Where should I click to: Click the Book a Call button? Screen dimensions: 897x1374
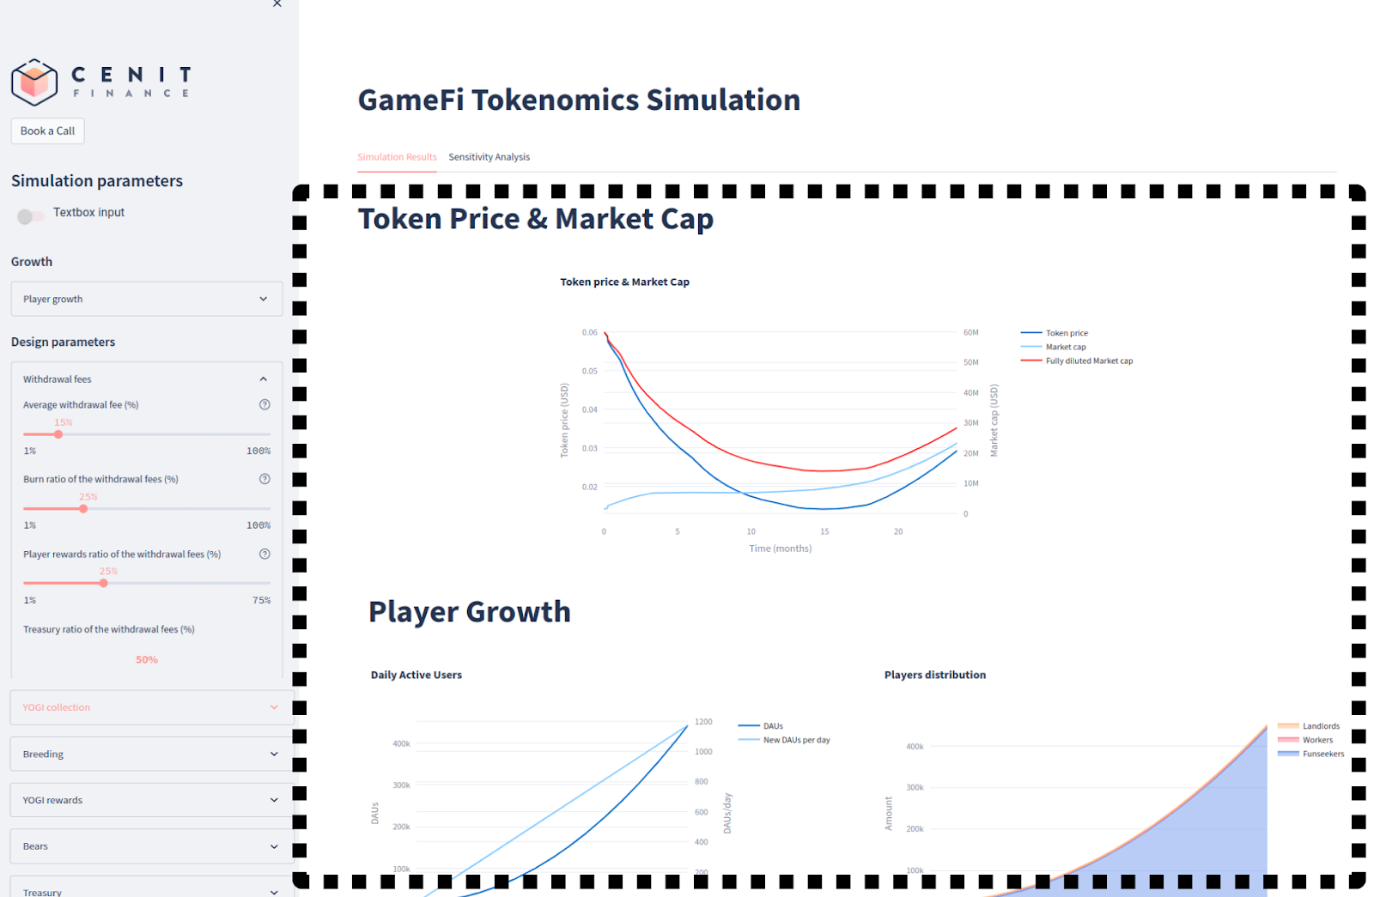coord(47,130)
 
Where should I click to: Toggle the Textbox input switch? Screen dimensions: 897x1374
coord(31,216)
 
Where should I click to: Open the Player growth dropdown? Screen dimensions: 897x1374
coord(146,299)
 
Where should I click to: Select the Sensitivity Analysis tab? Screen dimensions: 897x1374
coord(489,157)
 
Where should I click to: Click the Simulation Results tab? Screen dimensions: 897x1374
coord(397,157)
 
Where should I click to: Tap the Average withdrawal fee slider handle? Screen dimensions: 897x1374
coord(58,434)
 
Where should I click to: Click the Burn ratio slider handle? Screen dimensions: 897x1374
coord(83,509)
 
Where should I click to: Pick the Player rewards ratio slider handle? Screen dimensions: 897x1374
coord(104,584)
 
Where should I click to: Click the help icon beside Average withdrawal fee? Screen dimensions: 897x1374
coord(264,405)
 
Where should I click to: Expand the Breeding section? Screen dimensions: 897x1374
coord(151,754)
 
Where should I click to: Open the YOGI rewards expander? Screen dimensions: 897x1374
coord(151,800)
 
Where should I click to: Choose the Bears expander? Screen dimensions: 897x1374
coord(151,846)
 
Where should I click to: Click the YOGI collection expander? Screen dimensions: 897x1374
coord(151,707)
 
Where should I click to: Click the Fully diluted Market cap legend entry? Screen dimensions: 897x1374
coord(1088,361)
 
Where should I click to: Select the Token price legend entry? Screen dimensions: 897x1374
coord(1066,333)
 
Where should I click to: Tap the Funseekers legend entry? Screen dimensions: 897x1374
coord(1322,754)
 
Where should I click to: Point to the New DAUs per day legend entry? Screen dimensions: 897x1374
coord(796,740)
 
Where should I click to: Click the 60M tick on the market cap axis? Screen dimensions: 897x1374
coord(970,332)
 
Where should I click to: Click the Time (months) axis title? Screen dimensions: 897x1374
coord(780,549)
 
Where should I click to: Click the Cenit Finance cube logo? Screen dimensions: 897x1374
coord(34,82)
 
